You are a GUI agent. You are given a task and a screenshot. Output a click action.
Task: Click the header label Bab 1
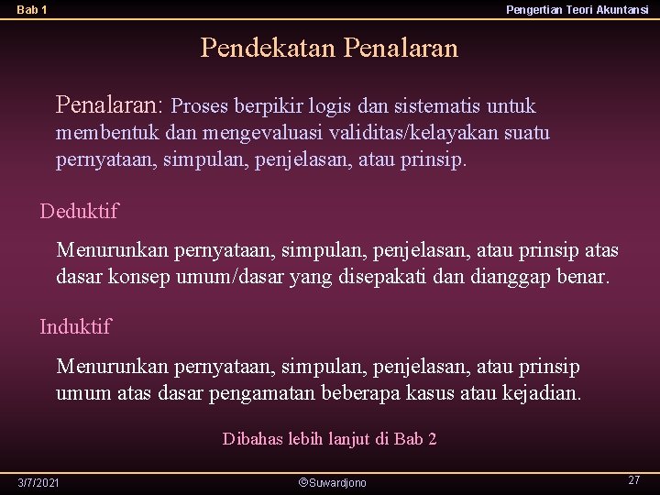pyautogui.click(x=32, y=9)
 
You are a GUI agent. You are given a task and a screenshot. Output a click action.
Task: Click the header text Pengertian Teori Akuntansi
pyautogui.click(x=577, y=9)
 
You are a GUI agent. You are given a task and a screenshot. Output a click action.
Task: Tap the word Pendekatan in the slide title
pyautogui.click(x=269, y=48)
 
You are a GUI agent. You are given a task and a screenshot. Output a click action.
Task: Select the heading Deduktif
pyautogui.click(x=79, y=212)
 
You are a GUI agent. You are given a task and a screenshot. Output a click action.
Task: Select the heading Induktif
pyautogui.click(x=75, y=326)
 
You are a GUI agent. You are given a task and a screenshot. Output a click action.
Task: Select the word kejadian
pyautogui.click(x=542, y=394)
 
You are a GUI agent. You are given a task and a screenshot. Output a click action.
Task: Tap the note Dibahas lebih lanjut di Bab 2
pyautogui.click(x=329, y=439)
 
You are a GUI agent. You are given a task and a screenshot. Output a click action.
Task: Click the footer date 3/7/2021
pyautogui.click(x=38, y=482)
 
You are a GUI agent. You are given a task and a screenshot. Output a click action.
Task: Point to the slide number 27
pyautogui.click(x=633, y=480)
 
